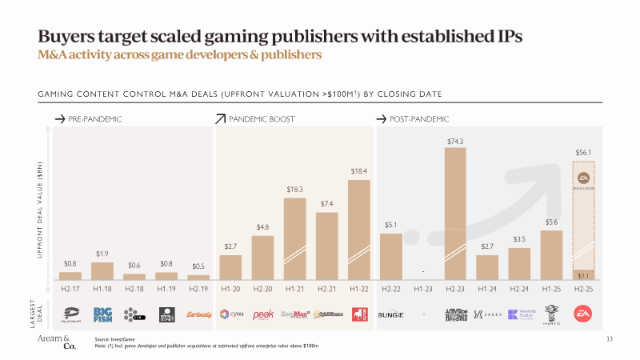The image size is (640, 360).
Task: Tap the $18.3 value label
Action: tap(295, 190)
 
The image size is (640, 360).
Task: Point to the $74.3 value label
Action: tap(455, 141)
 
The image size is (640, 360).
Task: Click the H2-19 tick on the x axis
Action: tap(198, 288)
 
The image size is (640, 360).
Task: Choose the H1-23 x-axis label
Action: tap(423, 288)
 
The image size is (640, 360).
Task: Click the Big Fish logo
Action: tap(102, 314)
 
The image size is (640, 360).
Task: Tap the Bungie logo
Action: tap(391, 314)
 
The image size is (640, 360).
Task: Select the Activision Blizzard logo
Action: tap(455, 314)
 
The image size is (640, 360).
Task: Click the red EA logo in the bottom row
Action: tap(583, 314)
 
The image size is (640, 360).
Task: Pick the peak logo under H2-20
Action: tap(263, 314)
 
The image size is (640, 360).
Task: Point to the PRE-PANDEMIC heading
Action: tap(96, 119)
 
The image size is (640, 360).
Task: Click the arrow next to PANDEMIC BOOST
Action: tap(221, 119)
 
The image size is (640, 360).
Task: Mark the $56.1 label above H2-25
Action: tap(583, 151)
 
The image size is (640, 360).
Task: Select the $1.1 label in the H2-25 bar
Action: tap(583, 275)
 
